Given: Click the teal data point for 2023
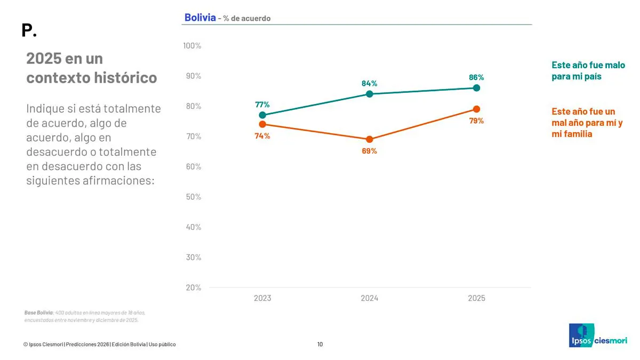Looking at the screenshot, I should (x=262, y=115).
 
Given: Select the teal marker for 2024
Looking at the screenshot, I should (x=369, y=94).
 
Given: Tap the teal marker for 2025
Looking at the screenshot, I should (x=476, y=88).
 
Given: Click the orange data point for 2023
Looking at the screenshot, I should (x=262, y=124).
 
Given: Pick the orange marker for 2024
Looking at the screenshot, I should (x=369, y=139).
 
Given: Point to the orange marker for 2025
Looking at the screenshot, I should (x=476, y=109).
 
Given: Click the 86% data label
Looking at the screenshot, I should (x=476, y=77).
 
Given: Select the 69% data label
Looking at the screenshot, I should (x=369, y=151).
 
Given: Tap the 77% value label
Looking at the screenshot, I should (x=262, y=105).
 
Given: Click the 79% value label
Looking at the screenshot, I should (x=476, y=121).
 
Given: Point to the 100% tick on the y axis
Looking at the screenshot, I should (x=192, y=46).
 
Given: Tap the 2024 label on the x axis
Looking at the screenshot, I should (x=369, y=298).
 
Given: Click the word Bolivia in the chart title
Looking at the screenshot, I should (x=200, y=18).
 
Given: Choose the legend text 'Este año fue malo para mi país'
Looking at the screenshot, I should (x=588, y=71).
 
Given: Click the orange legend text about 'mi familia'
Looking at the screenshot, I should (x=587, y=123).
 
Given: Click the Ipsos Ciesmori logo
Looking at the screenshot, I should (x=597, y=335).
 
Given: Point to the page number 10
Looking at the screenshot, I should (x=320, y=344).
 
